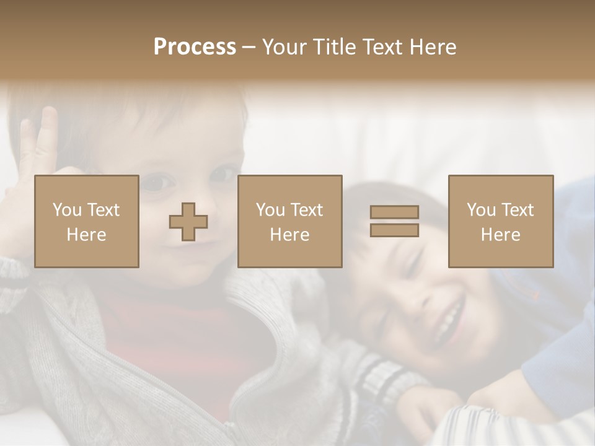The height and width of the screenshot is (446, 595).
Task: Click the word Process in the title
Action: click(195, 47)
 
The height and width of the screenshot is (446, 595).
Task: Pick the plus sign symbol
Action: click(188, 222)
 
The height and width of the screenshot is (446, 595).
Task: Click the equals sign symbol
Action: click(394, 221)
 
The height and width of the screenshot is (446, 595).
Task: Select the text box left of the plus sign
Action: click(86, 222)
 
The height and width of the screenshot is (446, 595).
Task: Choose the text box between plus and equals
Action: click(289, 222)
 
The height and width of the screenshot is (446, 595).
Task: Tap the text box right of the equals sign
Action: click(500, 222)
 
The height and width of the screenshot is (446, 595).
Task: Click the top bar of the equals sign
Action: click(394, 212)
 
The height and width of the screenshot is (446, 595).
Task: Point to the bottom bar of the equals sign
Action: click(394, 230)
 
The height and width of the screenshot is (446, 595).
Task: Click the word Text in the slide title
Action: click(379, 47)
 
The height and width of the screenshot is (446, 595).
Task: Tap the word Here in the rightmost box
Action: click(500, 234)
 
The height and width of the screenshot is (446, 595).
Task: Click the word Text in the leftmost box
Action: click(102, 210)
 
